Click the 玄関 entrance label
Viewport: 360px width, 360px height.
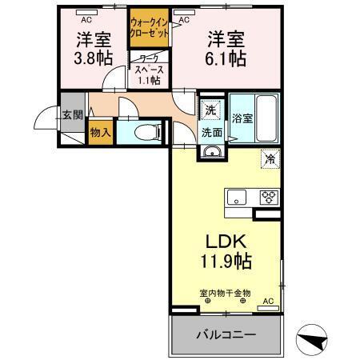[72, 114]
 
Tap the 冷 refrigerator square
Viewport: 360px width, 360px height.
[270, 158]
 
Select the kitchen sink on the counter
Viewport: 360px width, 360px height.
[237, 197]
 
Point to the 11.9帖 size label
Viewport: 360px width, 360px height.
[226, 261]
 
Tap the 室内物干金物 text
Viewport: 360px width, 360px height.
[225, 293]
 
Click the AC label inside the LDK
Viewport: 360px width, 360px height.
[268, 301]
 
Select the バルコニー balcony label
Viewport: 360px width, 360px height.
[225, 334]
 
